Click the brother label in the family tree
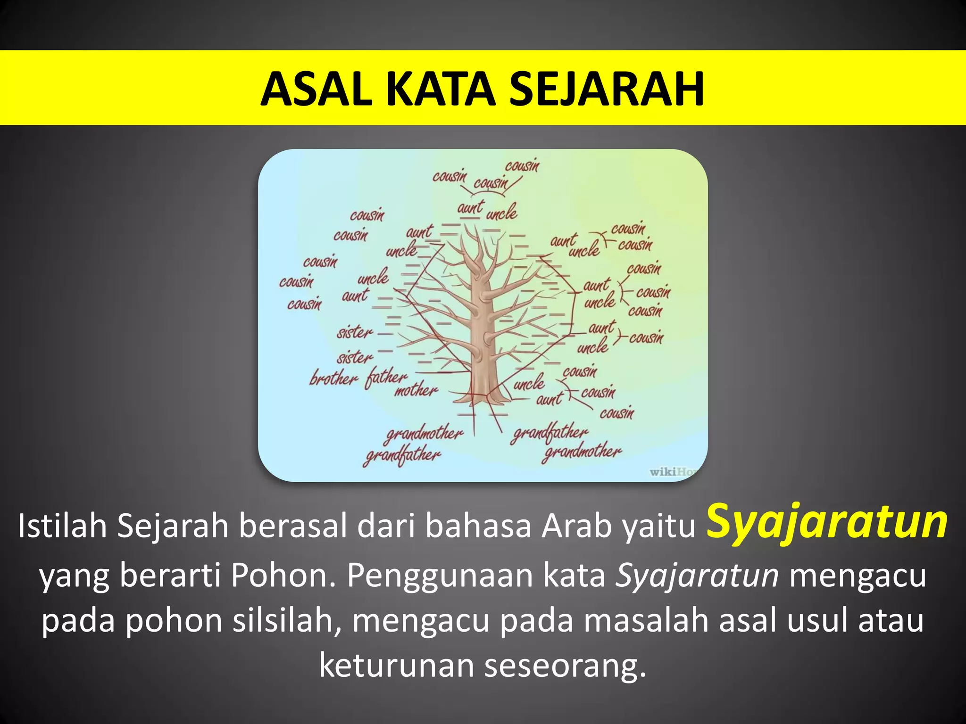click(x=333, y=378)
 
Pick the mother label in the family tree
click(x=416, y=390)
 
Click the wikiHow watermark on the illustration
click(x=674, y=471)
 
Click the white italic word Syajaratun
click(x=697, y=575)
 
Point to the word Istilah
click(x=62, y=526)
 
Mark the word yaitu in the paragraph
click(x=658, y=526)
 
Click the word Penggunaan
click(x=440, y=576)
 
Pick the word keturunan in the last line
click(x=396, y=666)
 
